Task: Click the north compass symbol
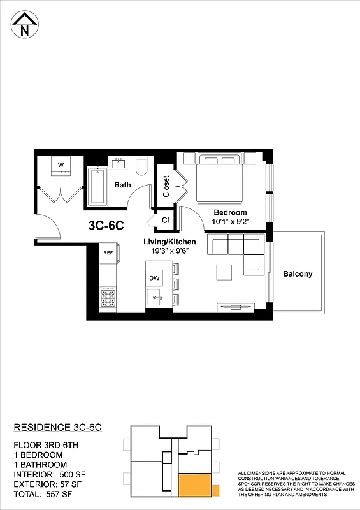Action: coord(25,25)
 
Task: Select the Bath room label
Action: coord(122,186)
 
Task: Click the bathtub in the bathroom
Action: coord(97,186)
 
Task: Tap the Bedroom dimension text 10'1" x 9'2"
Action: coord(230,222)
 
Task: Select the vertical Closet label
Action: coord(166,186)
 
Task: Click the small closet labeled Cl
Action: coord(165,220)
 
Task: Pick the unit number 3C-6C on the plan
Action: coord(105,225)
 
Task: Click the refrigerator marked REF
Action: coord(108,253)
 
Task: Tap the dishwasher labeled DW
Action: coord(154,279)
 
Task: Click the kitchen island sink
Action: coord(154,298)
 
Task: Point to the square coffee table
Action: coord(224,272)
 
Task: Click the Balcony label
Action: coord(298,274)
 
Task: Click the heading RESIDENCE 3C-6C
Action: coord(58,427)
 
